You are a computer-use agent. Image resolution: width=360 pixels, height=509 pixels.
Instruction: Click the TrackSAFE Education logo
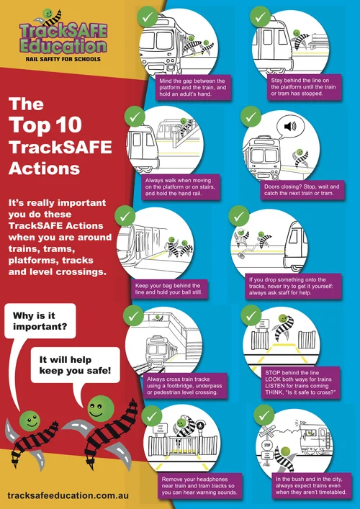point(63,36)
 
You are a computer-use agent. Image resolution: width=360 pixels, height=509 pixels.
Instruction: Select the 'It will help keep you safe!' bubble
point(75,364)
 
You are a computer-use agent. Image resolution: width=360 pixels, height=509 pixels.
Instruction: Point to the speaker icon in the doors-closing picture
point(289,127)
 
